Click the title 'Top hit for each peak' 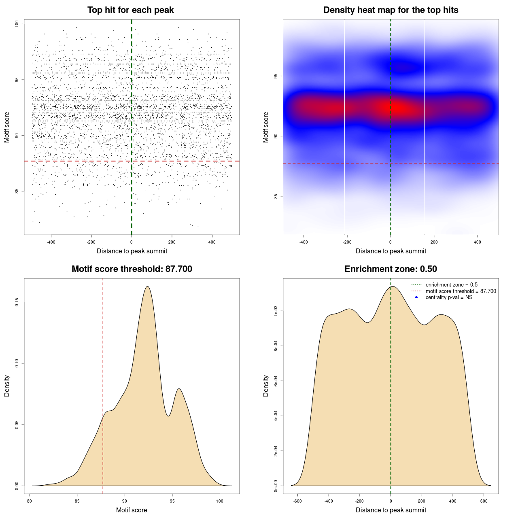pyautogui.click(x=131, y=10)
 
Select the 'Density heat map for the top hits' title pyautogui.click(x=391, y=10)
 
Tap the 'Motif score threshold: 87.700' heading pyautogui.click(x=132, y=269)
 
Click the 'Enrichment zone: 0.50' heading pyautogui.click(x=391, y=269)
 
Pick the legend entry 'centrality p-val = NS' pyautogui.click(x=449, y=297)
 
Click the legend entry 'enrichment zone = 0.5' pyautogui.click(x=451, y=285)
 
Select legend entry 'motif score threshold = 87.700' pyautogui.click(x=461, y=291)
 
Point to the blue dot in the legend pyautogui.click(x=416, y=297)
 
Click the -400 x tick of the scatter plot pyautogui.click(x=51, y=242)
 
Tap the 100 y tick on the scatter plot pyautogui.click(x=17, y=24)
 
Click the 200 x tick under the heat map pyautogui.click(x=434, y=242)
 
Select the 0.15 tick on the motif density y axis pyautogui.click(x=17, y=302)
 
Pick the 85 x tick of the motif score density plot pyautogui.click(x=77, y=501)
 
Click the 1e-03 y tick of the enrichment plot pyautogui.click(x=276, y=311)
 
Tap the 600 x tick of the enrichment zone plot pyautogui.click(x=484, y=501)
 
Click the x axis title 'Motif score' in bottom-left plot pyautogui.click(x=132, y=510)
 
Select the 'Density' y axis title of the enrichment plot pyautogui.click(x=266, y=386)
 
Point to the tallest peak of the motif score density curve pyautogui.click(x=147, y=287)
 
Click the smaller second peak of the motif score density pyautogui.click(x=178, y=389)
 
